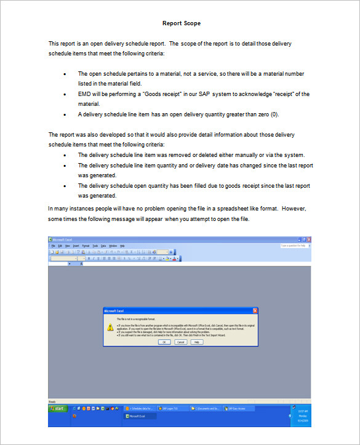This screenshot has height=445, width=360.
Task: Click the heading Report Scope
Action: pyautogui.click(x=181, y=23)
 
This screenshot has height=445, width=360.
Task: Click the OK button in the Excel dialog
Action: pyautogui.click(x=165, y=342)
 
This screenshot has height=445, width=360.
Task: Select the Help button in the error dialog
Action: pyautogui.click(x=196, y=342)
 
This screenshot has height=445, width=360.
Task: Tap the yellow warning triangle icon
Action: pyautogui.click(x=110, y=327)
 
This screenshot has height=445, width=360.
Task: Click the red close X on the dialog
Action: pyautogui.click(x=255, y=311)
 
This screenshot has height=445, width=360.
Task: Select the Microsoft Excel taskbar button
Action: pyautogui.click(x=140, y=416)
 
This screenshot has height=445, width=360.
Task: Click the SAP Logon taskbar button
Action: pyautogui.click(x=173, y=408)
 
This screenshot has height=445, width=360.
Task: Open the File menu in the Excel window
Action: pyautogui.click(x=53, y=246)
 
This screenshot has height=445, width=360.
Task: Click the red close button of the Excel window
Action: pyautogui.click(x=309, y=239)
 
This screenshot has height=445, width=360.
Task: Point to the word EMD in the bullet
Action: pyautogui.click(x=84, y=94)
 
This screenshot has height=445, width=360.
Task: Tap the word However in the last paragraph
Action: pyautogui.click(x=293, y=209)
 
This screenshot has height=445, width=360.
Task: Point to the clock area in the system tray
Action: pyautogui.click(x=303, y=412)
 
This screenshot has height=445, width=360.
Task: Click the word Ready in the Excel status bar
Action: pyautogui.click(x=52, y=401)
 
